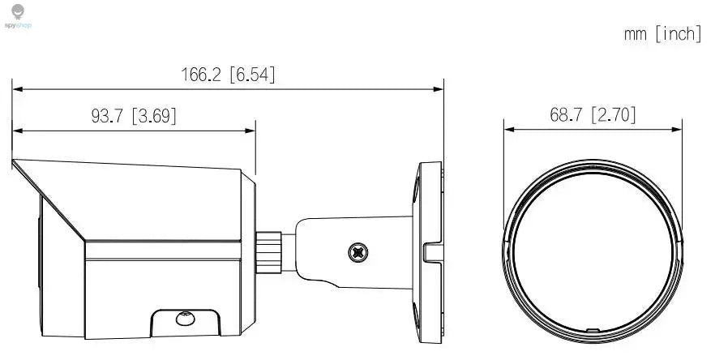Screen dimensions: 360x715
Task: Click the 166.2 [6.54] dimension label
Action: [228, 75]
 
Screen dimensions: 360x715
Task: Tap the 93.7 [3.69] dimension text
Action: [133, 116]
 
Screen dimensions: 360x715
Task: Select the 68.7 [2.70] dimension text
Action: [593, 114]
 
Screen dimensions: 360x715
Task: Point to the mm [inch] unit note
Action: [661, 34]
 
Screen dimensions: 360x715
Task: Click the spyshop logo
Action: [19, 16]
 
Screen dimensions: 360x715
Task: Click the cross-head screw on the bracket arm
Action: [357, 252]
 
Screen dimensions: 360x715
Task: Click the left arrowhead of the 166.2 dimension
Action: [15, 87]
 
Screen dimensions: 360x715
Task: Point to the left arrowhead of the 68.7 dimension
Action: [508, 127]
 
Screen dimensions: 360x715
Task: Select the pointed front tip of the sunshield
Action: [14, 163]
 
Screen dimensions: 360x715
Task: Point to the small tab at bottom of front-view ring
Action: [593, 331]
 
